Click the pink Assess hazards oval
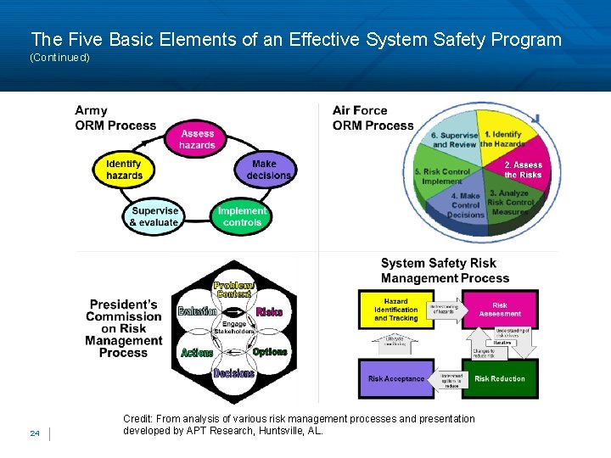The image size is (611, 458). pos(197,139)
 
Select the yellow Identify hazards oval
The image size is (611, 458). pos(124,170)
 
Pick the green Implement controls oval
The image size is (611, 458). pos(242,216)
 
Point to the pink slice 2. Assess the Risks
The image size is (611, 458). pos(522,170)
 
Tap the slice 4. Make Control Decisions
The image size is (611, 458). pos(466,204)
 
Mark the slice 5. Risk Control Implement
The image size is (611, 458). pos(441,176)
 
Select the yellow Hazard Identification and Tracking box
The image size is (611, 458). pos(395,310)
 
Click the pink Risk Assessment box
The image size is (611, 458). pos(500,310)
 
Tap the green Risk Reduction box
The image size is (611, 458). pos(499,379)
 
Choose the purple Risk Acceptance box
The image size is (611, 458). pos(395,379)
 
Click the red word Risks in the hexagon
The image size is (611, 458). pos(270,312)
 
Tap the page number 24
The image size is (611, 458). pos(35,433)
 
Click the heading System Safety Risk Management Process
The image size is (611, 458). pos(445,271)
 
